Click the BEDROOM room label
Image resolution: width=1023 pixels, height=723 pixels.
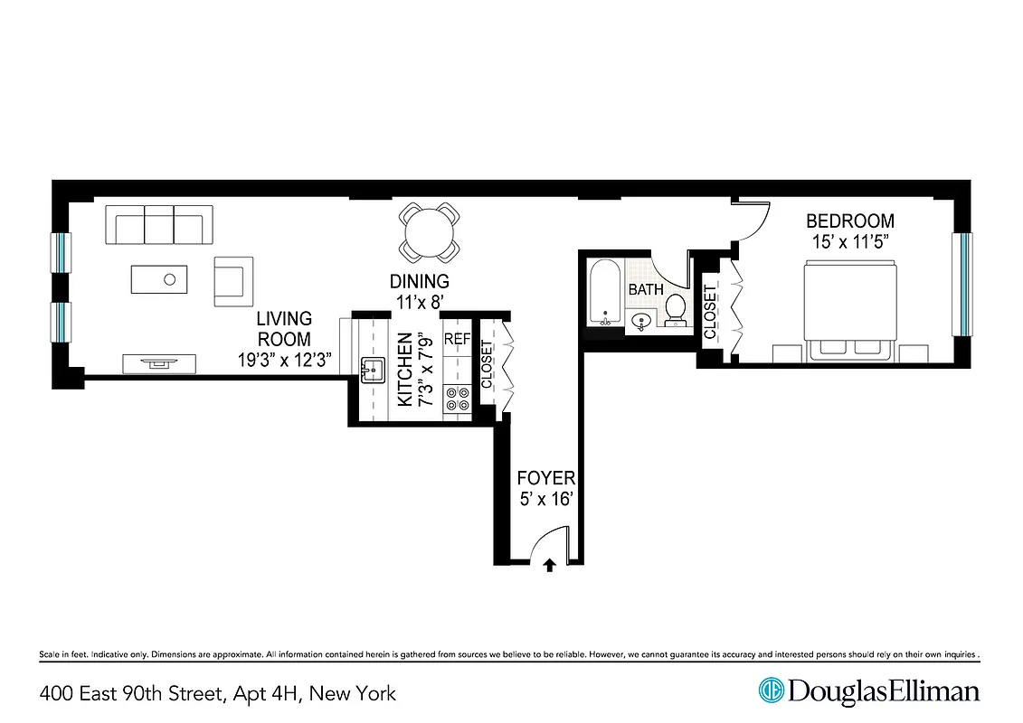[849, 221]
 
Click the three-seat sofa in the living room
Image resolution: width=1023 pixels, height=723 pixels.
[159, 225]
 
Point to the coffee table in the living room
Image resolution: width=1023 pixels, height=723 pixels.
[159, 278]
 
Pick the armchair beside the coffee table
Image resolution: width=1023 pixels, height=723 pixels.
[232, 280]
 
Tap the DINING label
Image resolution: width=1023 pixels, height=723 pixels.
[419, 282]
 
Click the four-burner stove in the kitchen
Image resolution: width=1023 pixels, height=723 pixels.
[457, 400]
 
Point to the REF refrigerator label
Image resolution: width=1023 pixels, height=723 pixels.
[457, 341]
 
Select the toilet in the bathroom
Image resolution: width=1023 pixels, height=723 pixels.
[675, 310]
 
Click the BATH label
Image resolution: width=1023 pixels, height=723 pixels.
[646, 289]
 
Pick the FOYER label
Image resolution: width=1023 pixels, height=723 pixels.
[545, 478]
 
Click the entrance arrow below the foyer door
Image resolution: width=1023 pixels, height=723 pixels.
[549, 566]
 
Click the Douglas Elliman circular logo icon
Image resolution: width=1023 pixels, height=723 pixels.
[771, 690]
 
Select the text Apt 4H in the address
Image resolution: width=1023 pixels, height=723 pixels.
[267, 694]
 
